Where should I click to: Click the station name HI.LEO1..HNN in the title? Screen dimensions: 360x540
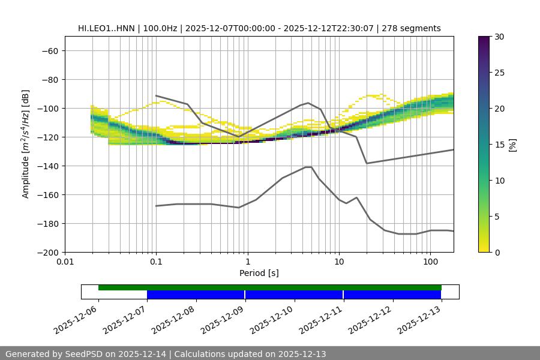[106, 28]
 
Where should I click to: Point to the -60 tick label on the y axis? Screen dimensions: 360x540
[49, 50]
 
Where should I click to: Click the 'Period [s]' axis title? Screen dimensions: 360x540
[259, 273]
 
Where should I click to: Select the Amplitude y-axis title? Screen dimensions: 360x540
[26, 144]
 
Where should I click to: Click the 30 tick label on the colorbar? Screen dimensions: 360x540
[499, 37]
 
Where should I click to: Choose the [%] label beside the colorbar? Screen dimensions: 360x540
[512, 145]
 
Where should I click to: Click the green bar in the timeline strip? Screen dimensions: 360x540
[270, 287]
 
